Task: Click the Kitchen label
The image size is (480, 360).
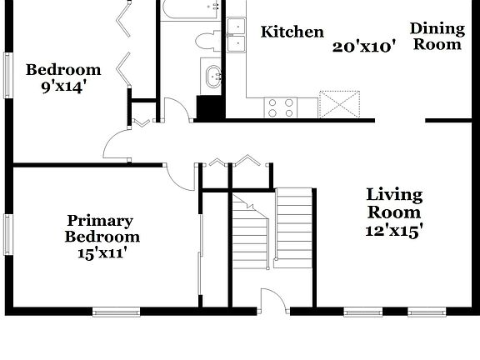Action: point(292,32)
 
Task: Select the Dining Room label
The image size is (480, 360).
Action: point(437,37)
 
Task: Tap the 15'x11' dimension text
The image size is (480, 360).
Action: point(99,252)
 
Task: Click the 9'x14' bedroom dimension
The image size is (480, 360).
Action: point(62,86)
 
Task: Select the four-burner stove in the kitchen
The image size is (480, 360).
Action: point(281,107)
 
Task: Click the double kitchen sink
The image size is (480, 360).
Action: point(236,34)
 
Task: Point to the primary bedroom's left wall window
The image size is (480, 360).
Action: point(7,234)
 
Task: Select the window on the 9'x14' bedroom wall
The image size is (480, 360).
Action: point(7,77)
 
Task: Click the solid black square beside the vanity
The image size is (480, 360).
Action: point(208,109)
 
